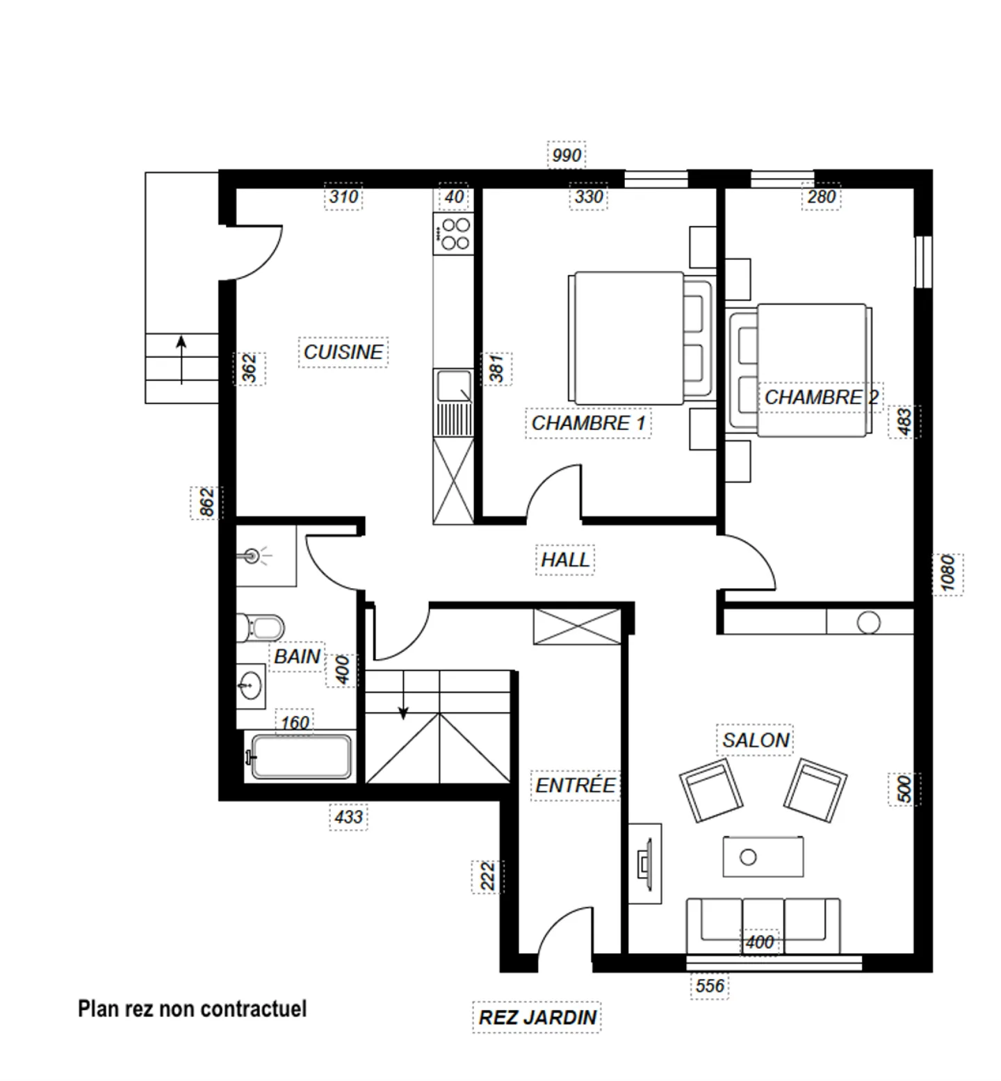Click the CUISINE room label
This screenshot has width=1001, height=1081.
[x=343, y=352]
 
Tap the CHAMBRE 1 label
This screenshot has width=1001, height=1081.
[x=588, y=423]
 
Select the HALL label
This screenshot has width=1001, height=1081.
[x=565, y=560]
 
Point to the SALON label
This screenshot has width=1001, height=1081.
[x=756, y=740]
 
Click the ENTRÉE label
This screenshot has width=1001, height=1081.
[x=575, y=786]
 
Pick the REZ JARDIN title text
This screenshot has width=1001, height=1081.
[x=537, y=1018]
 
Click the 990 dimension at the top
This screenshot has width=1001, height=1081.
[x=567, y=155]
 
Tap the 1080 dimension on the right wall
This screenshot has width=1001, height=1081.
[x=948, y=573]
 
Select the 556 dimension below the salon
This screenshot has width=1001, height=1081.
[x=710, y=986]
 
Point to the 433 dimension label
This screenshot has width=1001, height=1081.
[x=348, y=817]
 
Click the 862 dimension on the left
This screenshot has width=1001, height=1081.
[x=207, y=503]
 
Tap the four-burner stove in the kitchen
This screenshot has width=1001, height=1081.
[x=453, y=234]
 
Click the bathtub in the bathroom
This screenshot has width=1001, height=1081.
[x=301, y=756]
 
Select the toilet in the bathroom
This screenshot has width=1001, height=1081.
[x=261, y=628]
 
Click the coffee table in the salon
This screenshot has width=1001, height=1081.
[x=763, y=856]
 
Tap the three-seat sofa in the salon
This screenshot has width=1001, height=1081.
[x=763, y=927]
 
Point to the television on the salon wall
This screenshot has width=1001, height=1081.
[x=645, y=863]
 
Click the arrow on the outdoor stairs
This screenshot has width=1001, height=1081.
[x=181, y=360]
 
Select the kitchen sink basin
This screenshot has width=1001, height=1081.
[x=454, y=387]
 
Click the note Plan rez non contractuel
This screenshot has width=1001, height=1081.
[x=192, y=1009]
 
